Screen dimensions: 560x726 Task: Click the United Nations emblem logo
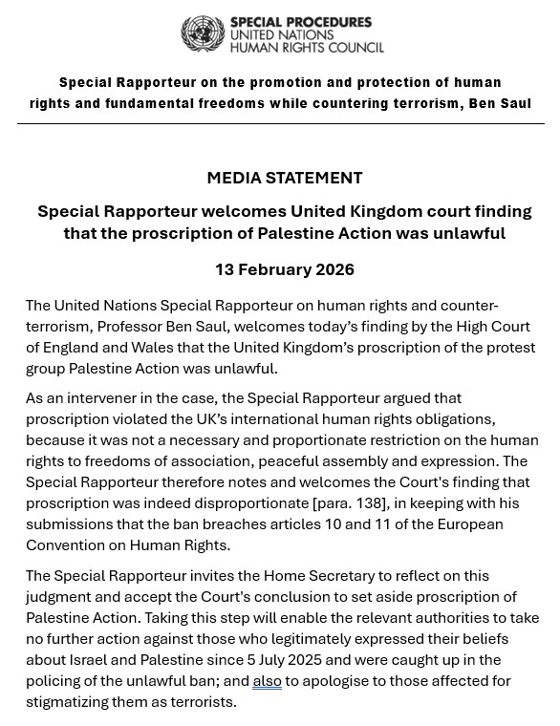tap(202, 34)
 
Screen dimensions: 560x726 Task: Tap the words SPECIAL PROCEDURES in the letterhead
tap(300, 22)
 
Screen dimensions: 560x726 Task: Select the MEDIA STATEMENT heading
tap(284, 178)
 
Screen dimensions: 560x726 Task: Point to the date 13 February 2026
tap(284, 269)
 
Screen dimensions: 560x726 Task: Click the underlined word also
tap(267, 680)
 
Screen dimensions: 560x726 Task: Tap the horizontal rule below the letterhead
tap(280, 123)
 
